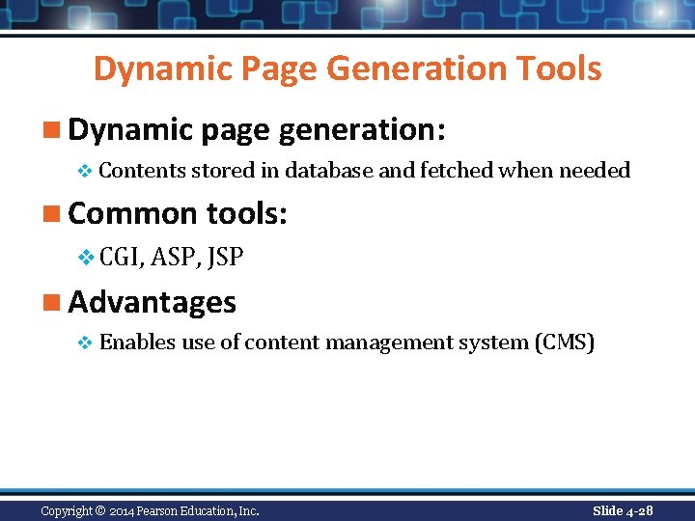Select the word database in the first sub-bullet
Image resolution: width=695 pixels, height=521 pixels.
pyautogui.click(x=329, y=171)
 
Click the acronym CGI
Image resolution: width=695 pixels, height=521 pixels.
pyautogui.click(x=122, y=258)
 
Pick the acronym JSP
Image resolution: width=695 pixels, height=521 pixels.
pyautogui.click(x=225, y=258)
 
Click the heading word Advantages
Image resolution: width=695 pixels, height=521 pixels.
pyautogui.click(x=152, y=302)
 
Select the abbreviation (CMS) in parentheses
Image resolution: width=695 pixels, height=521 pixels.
pyautogui.click(x=564, y=343)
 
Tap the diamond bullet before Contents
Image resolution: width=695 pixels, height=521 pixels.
pyautogui.click(x=84, y=172)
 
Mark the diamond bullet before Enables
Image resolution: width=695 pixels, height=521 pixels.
pyautogui.click(x=84, y=343)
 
